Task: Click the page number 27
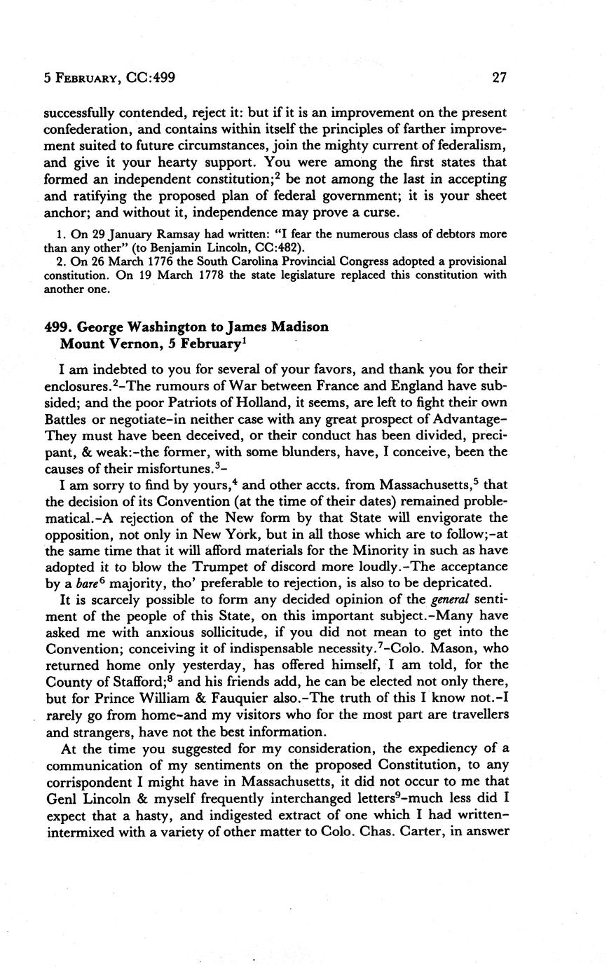tap(499, 78)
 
